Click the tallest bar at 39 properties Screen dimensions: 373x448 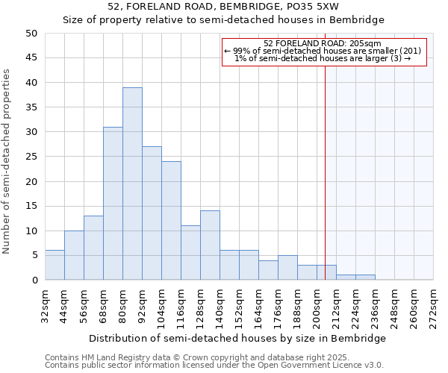tap(132, 184)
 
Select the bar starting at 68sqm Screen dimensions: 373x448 tap(113, 203)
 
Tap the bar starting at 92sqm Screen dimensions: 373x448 tap(152, 213)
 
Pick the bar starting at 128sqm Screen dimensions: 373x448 tap(210, 245)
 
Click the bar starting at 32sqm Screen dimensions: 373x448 tap(55, 266)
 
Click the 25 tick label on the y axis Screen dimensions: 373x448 tap(31, 157)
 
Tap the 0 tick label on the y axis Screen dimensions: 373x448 tap(34, 280)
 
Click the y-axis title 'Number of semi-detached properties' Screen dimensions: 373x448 tap(7, 161)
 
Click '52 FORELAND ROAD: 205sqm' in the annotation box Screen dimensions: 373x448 tap(323, 43)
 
